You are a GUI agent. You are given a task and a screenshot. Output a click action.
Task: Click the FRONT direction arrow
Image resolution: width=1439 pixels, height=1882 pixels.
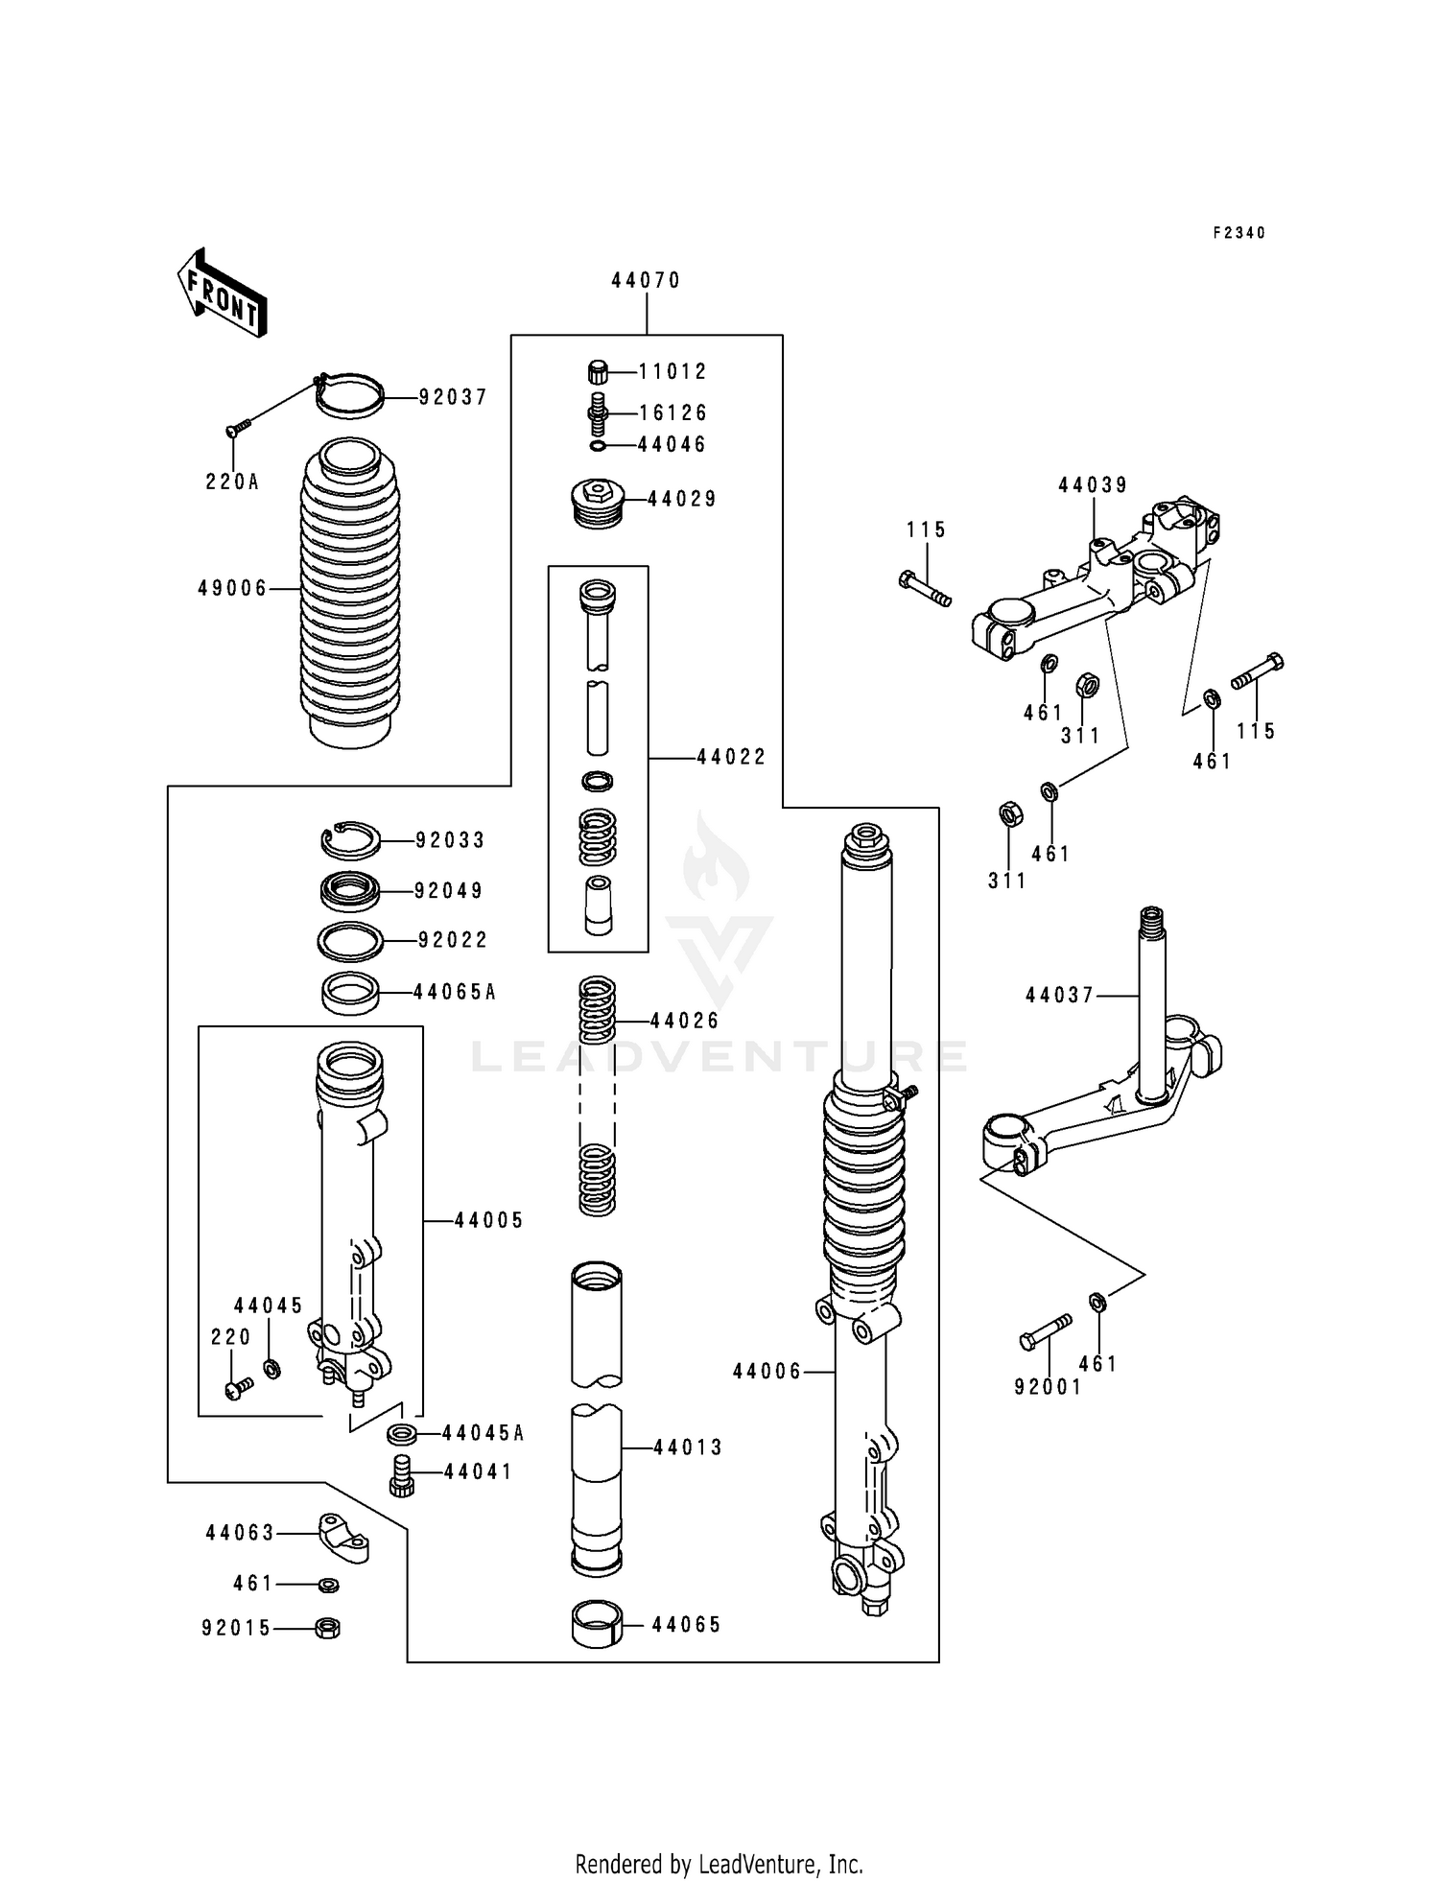click(x=221, y=294)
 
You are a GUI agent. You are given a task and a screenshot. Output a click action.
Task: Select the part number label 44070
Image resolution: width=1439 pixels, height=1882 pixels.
click(x=646, y=280)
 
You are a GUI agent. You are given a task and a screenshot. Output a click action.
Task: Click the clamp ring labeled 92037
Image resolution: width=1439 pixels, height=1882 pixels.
click(x=350, y=395)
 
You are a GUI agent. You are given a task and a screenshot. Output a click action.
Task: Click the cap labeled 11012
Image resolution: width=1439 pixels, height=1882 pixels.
click(x=598, y=371)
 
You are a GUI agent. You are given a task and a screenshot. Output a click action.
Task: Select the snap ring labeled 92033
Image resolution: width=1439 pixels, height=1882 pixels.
click(x=350, y=840)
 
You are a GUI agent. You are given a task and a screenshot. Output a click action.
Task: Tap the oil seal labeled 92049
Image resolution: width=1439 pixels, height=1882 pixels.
click(x=349, y=890)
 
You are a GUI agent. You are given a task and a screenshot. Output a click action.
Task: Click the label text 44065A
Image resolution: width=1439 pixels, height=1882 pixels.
click(x=455, y=992)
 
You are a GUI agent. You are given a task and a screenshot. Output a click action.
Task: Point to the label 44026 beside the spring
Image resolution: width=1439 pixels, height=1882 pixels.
click(x=684, y=1021)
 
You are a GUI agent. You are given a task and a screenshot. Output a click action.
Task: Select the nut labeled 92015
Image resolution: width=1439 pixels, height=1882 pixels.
click(x=327, y=1627)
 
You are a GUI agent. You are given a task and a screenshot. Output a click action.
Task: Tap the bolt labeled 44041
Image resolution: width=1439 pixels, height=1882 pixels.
click(x=402, y=1472)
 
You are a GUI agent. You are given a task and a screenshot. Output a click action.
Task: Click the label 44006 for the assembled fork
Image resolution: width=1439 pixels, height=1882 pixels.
click(x=767, y=1372)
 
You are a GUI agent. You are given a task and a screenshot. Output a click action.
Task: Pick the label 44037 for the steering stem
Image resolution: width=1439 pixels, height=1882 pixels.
click(x=1059, y=996)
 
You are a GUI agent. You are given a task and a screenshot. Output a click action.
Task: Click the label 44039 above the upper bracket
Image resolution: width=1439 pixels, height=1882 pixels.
click(x=1093, y=485)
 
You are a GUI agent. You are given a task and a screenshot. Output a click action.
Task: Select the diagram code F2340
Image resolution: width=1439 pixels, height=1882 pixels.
click(x=1238, y=233)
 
